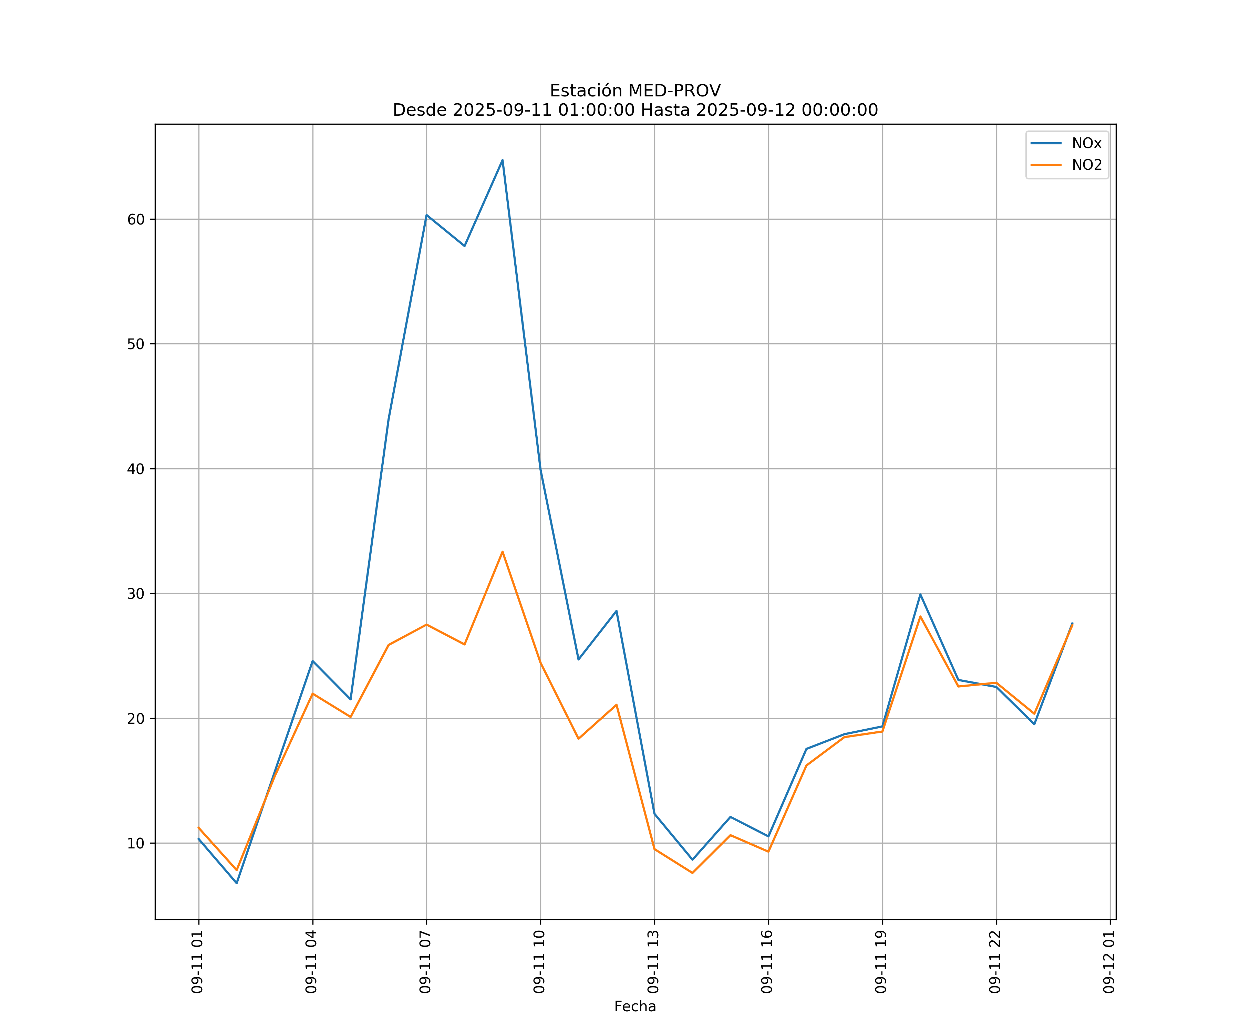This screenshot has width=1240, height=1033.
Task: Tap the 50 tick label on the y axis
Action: coord(136,344)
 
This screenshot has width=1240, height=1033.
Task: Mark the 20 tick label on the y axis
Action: coord(136,718)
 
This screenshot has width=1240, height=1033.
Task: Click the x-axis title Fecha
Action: coord(635,1006)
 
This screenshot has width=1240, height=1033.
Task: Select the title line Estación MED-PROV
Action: coord(635,91)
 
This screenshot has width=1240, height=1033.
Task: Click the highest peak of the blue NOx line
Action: coord(503,160)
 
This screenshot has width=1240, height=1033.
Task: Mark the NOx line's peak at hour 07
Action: coord(426,215)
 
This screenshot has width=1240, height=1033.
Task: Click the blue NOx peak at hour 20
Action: coord(920,594)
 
